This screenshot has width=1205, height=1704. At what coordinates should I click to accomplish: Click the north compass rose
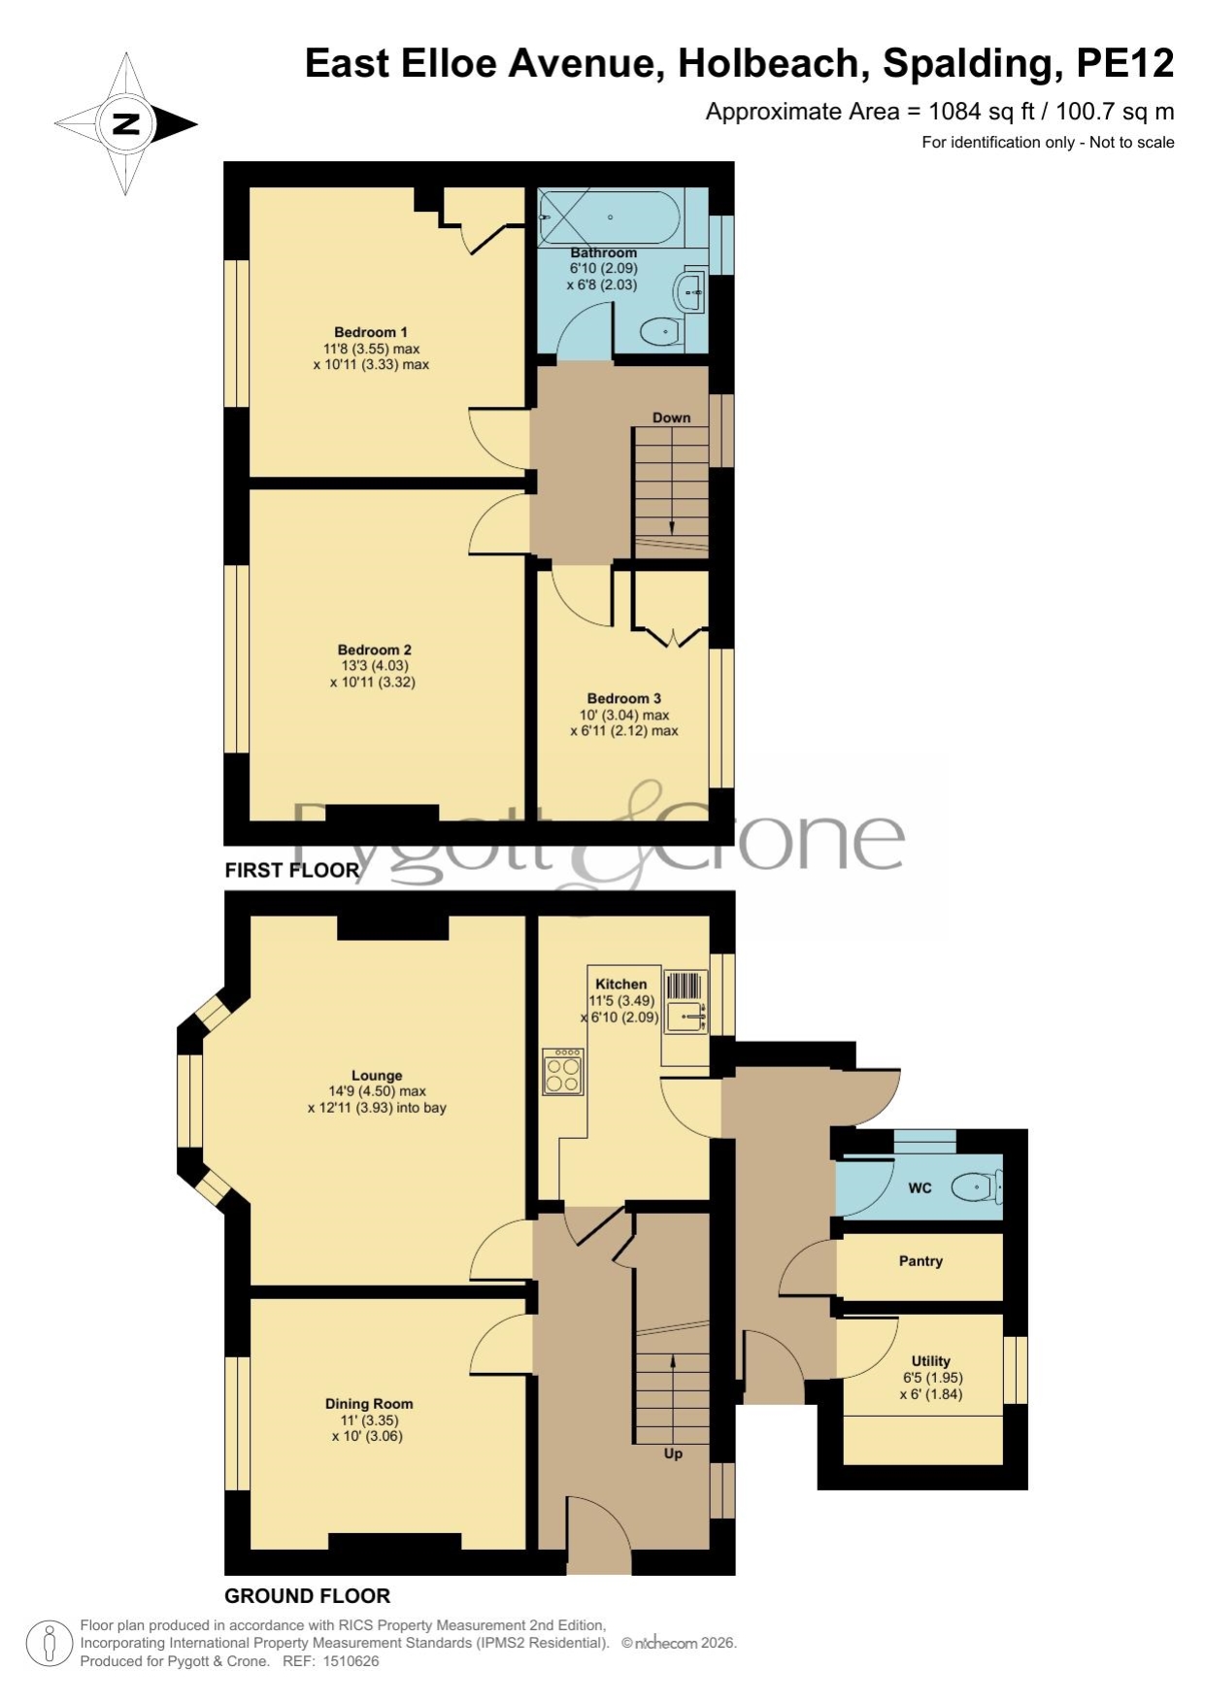(126, 124)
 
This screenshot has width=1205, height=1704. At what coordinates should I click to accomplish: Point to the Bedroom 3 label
(624, 698)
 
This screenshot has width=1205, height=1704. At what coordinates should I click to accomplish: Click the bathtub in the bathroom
(610, 217)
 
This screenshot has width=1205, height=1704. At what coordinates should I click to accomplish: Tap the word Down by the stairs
(672, 418)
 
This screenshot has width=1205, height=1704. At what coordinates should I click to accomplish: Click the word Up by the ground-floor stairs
(673, 1453)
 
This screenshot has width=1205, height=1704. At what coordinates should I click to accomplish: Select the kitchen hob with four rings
(563, 1072)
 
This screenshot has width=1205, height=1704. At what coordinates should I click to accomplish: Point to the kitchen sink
(686, 1002)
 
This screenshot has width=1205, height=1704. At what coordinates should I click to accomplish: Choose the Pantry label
(920, 1261)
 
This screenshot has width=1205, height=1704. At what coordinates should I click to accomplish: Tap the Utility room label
(931, 1361)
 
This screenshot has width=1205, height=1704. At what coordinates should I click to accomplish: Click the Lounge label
(377, 1075)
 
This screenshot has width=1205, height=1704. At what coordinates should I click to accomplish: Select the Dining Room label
(369, 1403)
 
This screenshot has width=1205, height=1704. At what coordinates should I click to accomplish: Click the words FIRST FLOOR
(292, 870)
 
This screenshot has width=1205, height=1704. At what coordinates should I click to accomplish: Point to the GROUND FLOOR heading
(308, 1595)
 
